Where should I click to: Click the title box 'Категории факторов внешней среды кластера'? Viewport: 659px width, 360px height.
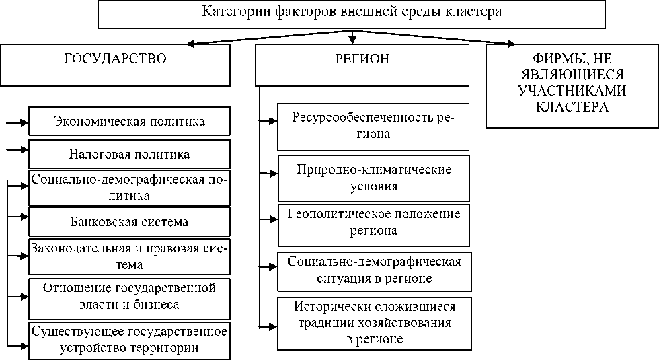point(351,14)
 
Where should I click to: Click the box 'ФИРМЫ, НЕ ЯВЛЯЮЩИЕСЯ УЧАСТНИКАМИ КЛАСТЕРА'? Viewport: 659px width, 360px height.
point(572,85)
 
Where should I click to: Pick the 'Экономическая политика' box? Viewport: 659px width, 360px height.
point(129,122)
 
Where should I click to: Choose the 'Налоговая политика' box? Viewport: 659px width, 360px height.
point(129,154)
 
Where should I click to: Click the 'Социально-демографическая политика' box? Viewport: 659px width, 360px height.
point(129,188)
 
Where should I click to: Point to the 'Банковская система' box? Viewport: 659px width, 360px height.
point(129,221)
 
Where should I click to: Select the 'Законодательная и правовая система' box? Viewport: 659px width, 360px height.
point(129,256)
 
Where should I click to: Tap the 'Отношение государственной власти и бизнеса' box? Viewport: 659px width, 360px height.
point(129,297)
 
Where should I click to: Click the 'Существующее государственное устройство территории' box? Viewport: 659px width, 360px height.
point(129,339)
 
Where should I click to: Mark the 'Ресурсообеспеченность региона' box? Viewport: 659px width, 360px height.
point(374,127)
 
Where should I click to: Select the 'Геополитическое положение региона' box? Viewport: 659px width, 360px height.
point(374,223)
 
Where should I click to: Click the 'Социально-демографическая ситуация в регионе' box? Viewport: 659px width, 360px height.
point(374,269)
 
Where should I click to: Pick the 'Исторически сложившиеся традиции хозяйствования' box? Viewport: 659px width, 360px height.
point(374,323)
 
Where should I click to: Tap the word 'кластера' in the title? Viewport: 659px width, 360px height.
point(478,11)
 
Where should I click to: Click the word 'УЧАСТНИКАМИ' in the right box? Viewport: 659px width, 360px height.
point(572,91)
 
